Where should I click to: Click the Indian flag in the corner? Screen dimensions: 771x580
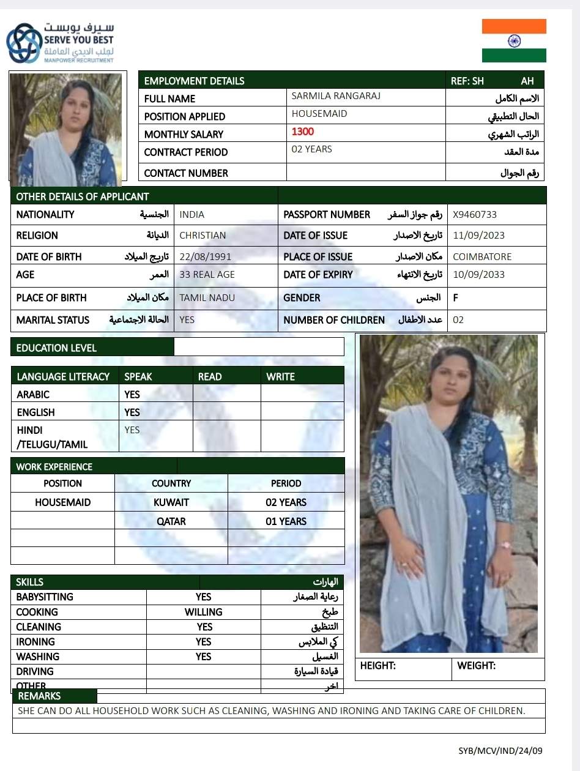514,41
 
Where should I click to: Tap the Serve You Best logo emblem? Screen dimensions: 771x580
23,43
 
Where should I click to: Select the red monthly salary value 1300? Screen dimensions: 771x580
303,132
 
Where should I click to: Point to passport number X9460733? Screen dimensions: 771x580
475,215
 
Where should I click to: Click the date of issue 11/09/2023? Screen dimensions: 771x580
478,236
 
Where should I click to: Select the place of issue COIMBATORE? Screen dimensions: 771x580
482,257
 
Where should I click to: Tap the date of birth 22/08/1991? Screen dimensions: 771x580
205,257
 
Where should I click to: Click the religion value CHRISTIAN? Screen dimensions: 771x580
203,236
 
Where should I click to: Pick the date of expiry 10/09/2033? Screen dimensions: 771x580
478,275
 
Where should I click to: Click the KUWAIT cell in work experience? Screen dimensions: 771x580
171,502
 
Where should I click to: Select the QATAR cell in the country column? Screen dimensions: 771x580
171,521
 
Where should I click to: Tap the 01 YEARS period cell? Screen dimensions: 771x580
286,521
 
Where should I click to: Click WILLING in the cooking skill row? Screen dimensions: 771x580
203,612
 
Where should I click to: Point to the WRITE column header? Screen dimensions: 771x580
280,377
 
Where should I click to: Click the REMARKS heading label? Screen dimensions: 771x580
39,696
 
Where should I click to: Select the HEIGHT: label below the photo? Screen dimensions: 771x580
377,666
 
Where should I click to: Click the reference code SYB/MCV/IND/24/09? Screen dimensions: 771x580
500,751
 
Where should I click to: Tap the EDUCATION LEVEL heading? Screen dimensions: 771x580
56,348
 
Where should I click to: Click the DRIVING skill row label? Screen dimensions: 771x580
35,672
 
